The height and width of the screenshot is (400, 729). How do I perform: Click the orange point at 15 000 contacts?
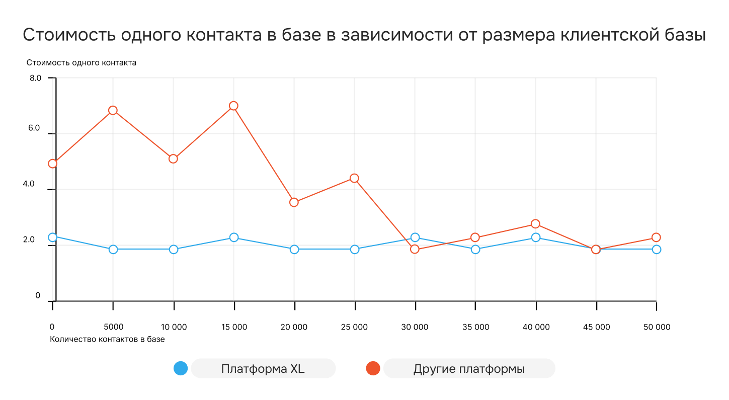pos(233,106)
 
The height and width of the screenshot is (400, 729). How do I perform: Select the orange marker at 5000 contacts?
pos(113,110)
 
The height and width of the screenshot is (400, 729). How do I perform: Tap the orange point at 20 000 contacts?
pos(294,202)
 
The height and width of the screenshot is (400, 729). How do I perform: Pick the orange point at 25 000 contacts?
pos(354,178)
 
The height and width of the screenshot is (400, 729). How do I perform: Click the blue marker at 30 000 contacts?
pos(415,237)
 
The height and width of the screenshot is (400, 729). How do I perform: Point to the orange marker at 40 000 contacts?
pos(535,224)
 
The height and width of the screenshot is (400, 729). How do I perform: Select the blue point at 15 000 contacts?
pos(233,237)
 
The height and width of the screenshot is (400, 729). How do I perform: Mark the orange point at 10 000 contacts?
pos(173,158)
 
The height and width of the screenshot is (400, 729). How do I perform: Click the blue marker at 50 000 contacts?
pos(656,250)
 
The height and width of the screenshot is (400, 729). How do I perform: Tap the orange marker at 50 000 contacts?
pos(656,237)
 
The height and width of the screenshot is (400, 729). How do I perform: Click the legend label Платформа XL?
pos(263,369)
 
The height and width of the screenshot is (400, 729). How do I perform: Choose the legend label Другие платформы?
pos(469,369)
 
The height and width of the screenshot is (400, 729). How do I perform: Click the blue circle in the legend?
pos(181,368)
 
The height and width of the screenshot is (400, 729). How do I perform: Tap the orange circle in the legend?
pos(373,368)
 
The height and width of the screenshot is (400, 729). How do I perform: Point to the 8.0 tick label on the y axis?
pos(35,78)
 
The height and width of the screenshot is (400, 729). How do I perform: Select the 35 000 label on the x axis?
pos(475,327)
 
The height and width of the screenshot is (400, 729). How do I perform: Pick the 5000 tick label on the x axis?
pos(113,327)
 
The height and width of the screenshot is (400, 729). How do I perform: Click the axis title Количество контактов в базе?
pos(108,339)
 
